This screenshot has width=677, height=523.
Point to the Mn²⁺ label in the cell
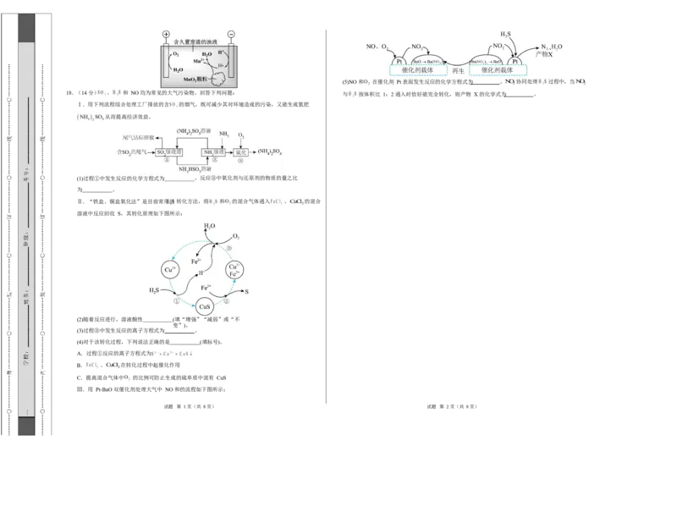coord(199,61)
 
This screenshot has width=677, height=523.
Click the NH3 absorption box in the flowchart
coord(213,152)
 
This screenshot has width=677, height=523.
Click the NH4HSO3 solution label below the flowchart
coord(195,170)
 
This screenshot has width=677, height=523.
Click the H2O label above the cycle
coord(210,227)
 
